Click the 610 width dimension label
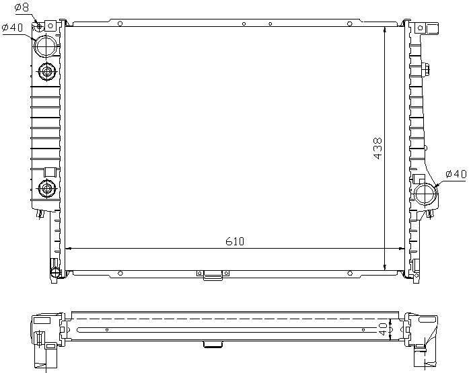point(235,241)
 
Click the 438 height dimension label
point(377,148)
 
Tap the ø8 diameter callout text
point(22,7)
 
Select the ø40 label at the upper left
point(12,28)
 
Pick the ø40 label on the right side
point(456,174)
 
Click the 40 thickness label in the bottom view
point(382,329)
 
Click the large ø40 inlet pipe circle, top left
point(46,46)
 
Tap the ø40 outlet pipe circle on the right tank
point(425,194)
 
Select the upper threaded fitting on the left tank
point(47,72)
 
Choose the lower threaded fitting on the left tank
point(47,188)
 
